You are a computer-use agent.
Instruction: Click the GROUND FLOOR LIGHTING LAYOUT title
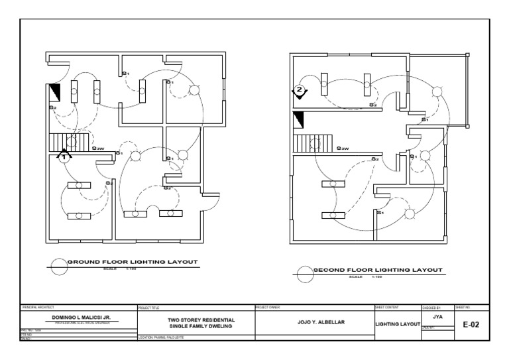click(133, 263)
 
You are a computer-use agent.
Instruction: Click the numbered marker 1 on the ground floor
click(64, 158)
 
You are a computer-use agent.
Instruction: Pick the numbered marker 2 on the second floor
click(300, 89)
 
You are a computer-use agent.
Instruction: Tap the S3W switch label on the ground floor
click(99, 149)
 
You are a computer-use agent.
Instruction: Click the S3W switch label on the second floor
click(343, 149)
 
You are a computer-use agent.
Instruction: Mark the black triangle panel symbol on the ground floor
click(55, 91)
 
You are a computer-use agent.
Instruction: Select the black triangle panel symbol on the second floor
click(299, 120)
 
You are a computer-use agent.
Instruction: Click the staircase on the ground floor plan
click(60, 141)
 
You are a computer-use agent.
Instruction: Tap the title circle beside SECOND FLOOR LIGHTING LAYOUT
click(304, 271)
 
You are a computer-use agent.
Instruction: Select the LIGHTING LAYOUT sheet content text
click(398, 324)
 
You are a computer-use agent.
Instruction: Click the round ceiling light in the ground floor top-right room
click(194, 90)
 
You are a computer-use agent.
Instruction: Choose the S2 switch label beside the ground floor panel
click(52, 107)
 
